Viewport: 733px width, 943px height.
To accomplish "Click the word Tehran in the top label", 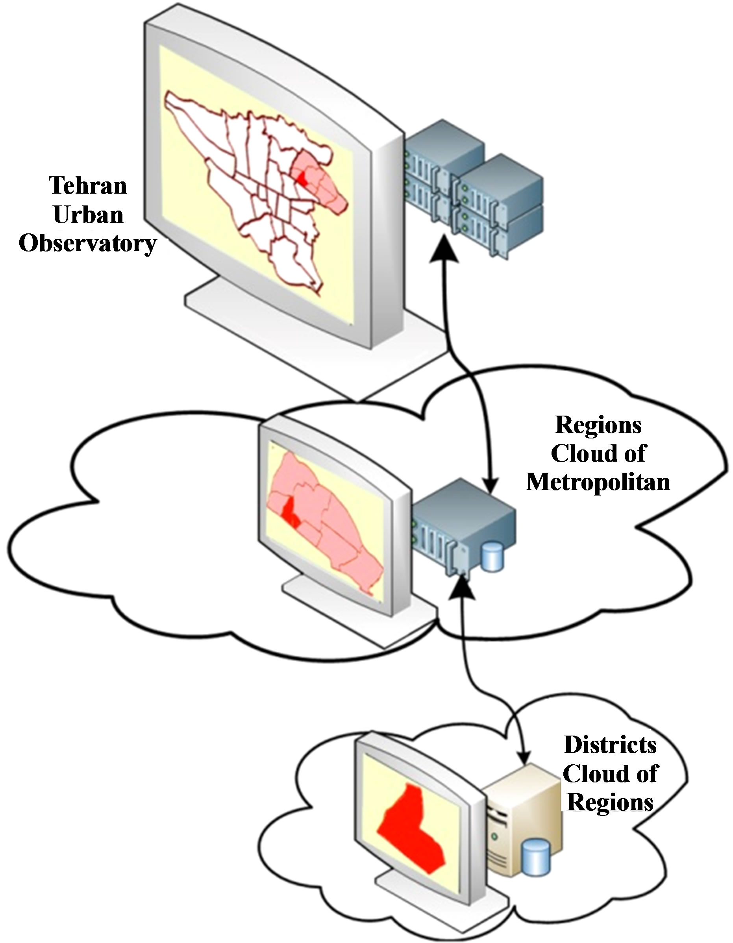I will click(88, 186).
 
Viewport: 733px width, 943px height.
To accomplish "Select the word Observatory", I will click(87, 244).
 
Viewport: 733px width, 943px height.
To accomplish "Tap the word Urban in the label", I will click(88, 214).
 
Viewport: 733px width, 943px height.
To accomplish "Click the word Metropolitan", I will click(598, 481).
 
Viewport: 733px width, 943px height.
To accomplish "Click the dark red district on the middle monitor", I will click(289, 512).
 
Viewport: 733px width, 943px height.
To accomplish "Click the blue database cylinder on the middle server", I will click(493, 557).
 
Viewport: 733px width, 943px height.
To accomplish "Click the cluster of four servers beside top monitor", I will click(473, 190).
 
